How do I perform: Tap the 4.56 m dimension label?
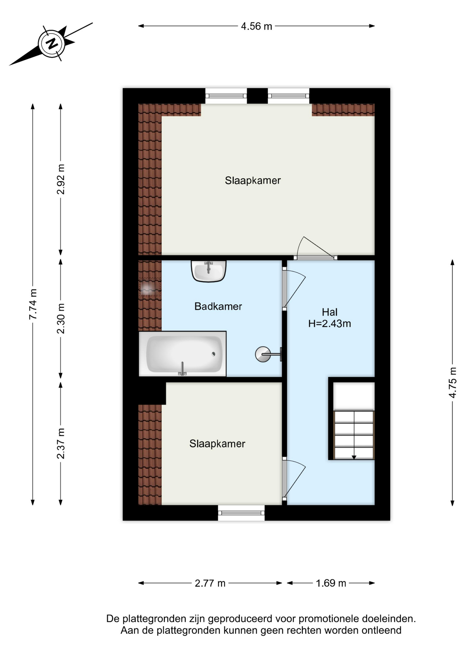(256, 26)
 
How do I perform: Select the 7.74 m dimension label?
(33, 304)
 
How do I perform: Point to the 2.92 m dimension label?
(61, 179)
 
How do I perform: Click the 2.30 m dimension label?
(61, 318)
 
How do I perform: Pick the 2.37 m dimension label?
(61, 443)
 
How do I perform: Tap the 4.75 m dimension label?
(453, 382)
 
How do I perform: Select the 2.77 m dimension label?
(210, 583)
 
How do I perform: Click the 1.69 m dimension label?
(331, 583)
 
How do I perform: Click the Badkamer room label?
(218, 306)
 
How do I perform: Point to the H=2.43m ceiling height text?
(330, 324)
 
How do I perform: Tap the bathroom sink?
(209, 271)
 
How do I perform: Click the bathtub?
(183, 354)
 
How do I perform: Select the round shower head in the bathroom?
(263, 354)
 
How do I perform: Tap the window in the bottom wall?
(241, 513)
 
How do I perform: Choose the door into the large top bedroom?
(315, 247)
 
